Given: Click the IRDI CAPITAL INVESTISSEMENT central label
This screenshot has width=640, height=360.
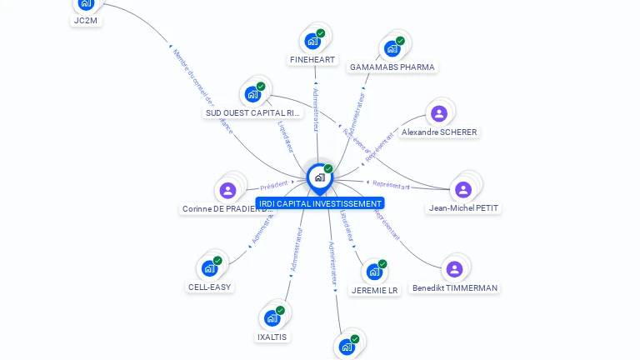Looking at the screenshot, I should pos(320,203).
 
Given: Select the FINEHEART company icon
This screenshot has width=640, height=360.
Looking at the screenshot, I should pos(312,41).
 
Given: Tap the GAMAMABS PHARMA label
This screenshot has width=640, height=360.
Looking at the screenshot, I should pos(392,67).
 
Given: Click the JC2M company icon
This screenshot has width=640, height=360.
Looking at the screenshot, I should pos(85,4).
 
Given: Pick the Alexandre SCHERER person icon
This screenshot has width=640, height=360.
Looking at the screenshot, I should pos(439,113).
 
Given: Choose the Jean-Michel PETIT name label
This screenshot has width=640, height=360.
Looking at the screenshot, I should pos(464,208).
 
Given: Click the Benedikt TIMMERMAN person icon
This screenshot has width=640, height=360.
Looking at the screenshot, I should pos(454,269).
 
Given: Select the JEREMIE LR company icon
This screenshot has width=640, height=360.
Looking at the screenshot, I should pos(374,272).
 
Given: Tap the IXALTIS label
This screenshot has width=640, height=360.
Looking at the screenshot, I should pos(272,337).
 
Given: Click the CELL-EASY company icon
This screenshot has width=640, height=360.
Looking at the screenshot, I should pos(209,268).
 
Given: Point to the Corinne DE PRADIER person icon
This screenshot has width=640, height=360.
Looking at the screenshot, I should pos(227,191).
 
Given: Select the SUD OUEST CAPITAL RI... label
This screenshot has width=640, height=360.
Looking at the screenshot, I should pos(252,112).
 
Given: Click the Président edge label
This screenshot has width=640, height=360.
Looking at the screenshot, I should pos(273,184).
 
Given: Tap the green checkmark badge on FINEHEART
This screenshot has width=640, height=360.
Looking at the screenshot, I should pos(321,33).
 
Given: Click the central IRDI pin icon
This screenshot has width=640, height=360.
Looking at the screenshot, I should pos(319,177).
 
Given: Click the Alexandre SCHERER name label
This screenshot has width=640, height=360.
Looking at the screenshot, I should pos(439,132).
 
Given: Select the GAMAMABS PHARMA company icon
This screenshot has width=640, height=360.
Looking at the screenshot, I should pos(392,48).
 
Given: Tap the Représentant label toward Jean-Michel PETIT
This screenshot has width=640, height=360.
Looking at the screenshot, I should pos(391,185).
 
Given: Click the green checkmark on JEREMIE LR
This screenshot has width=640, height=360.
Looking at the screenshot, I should pos(382,264).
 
